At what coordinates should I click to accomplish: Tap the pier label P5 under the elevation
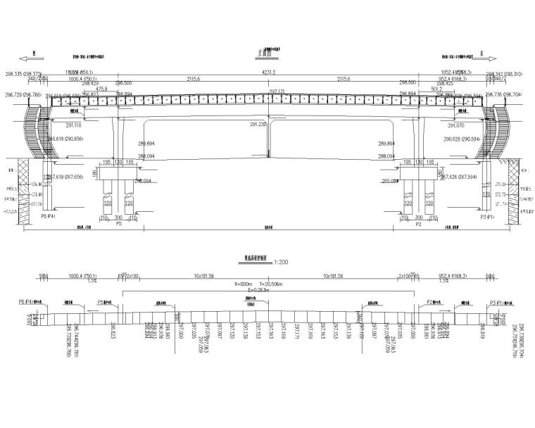coord(119,224)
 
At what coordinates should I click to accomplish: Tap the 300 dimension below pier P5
coord(118,218)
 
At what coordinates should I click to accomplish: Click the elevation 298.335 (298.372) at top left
coord(24,73)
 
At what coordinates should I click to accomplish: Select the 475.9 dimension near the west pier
coord(101,89)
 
